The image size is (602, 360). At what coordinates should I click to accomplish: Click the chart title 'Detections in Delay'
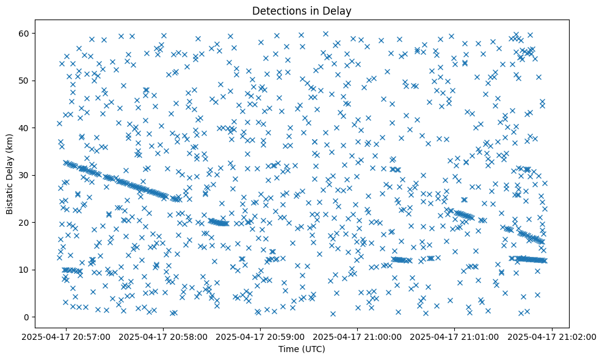pyautogui.click(x=302, y=10)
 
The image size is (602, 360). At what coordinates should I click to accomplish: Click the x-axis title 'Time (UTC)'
pyautogui.click(x=302, y=349)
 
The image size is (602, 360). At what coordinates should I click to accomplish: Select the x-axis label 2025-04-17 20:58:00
pyautogui.click(x=164, y=336)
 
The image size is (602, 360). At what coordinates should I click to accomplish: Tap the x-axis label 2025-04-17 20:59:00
pyautogui.click(x=261, y=336)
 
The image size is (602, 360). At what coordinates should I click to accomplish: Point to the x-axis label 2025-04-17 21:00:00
pyautogui.click(x=358, y=336)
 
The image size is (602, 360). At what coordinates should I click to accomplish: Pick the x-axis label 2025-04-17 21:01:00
pyautogui.click(x=455, y=336)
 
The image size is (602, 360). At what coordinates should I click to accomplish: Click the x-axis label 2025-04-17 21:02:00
pyautogui.click(x=552, y=336)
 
